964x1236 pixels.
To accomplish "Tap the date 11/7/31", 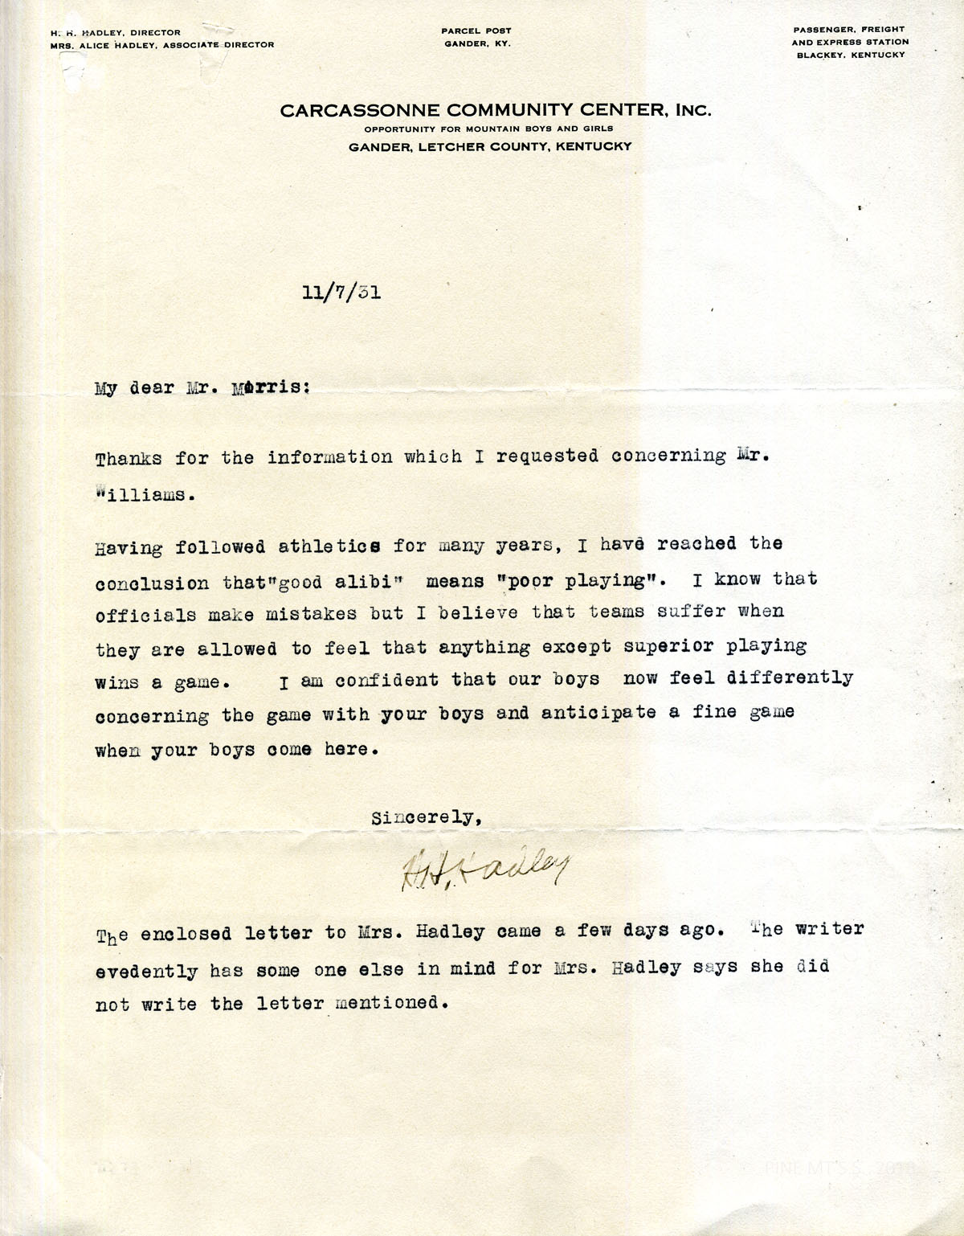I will (341, 293).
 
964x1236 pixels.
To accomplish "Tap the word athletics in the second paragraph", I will (329, 547).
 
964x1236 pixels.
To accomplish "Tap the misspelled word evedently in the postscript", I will (146, 971).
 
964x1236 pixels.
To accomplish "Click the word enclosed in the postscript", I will (186, 934).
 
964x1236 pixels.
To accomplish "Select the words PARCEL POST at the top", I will (476, 31).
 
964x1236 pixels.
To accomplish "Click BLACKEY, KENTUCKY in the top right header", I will (850, 55).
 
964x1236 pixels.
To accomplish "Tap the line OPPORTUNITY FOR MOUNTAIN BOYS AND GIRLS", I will (488, 129).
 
